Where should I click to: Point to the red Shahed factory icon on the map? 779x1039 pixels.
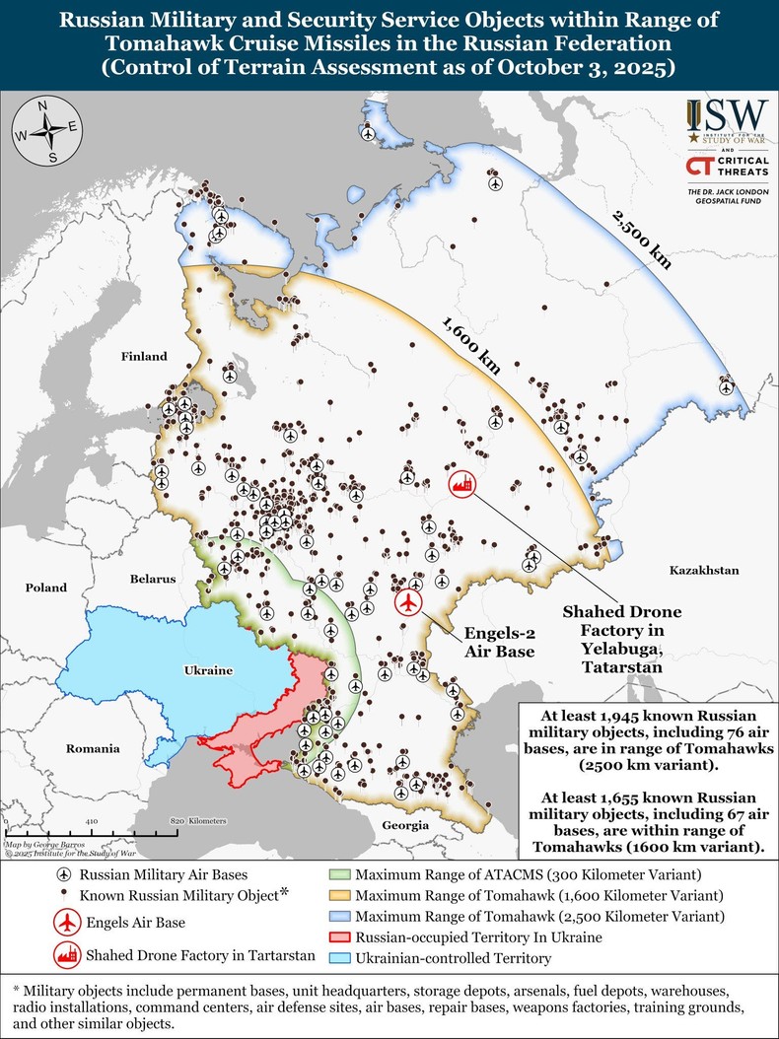(x=460, y=483)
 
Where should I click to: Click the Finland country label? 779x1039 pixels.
(x=144, y=356)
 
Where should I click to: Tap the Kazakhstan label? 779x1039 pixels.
(x=703, y=571)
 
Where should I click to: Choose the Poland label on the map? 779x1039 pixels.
(x=46, y=588)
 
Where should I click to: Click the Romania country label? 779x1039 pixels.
(x=93, y=748)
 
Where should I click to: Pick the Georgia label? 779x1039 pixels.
(x=406, y=825)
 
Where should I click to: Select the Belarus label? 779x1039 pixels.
(x=152, y=580)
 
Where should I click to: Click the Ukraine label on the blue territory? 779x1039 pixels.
(x=208, y=670)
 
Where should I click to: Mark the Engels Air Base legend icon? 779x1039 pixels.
(x=66, y=923)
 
